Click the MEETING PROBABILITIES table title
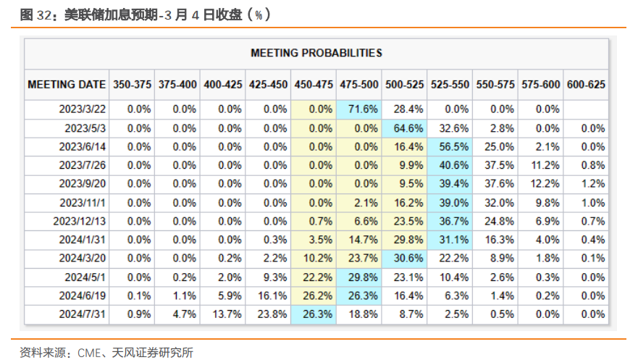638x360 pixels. (316, 53)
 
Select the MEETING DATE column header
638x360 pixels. (67, 85)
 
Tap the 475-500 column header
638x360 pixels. (359, 85)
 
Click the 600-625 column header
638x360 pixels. (585, 85)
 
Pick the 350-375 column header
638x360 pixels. (132, 85)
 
